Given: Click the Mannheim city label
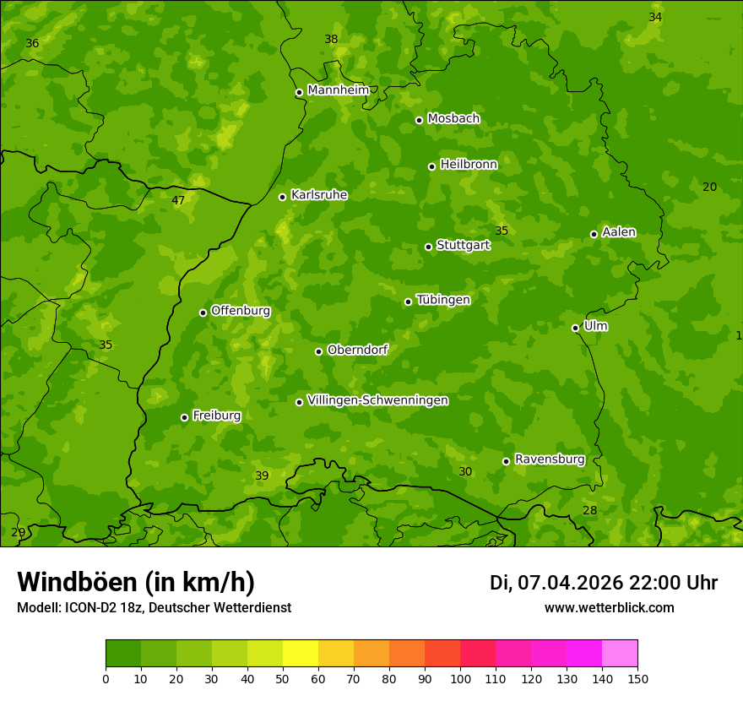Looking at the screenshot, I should pos(338,90).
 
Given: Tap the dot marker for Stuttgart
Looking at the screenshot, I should pos(428,247).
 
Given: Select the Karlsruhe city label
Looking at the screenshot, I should pos(318,195).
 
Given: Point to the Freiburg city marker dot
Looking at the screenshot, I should pos(184,417).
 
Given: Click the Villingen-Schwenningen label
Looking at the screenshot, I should pos(377,400).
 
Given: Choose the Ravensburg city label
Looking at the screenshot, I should pos(549,459).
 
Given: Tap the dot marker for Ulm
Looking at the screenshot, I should pos(575,328).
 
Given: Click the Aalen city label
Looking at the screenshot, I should pos(618,232).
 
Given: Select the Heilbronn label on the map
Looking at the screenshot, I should pos(468,165).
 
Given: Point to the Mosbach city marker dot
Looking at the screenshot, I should pos(419,120).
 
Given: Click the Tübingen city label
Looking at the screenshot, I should pos(442,300).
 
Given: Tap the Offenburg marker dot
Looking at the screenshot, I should pos(203,312).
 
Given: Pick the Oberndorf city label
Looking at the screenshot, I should pos(357,350).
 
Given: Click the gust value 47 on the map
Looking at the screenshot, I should pos(178,201).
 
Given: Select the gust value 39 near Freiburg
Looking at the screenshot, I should pos(262,476).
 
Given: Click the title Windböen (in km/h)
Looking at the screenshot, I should pos(136,582).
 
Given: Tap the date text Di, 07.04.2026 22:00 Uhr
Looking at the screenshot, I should pos(603,583).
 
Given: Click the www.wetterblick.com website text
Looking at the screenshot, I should pos(609,608).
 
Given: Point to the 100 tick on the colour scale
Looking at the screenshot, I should pos(460,678).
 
